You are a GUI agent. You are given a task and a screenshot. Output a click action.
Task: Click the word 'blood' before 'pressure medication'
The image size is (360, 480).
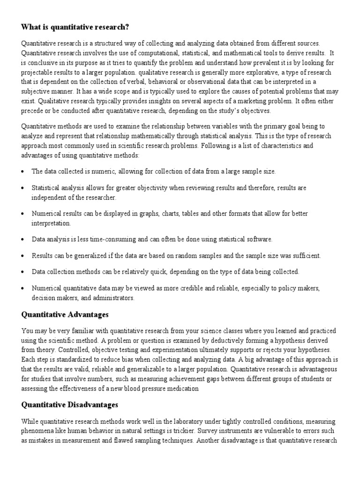point(132,388)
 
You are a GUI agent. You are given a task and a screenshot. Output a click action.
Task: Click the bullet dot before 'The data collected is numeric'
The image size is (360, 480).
point(23,172)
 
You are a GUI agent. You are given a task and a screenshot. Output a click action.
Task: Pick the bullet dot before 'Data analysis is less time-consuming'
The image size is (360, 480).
point(23,240)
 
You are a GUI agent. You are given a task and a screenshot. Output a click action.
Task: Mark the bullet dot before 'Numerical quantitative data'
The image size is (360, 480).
point(23,289)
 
